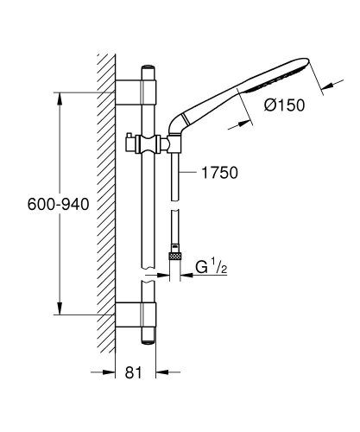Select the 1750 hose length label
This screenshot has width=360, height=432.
(217, 173)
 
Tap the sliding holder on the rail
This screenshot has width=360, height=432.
(148, 143)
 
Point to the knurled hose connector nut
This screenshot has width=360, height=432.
(175, 257)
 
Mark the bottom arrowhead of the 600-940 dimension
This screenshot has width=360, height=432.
(60, 312)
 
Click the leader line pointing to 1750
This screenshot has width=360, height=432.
(191, 173)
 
